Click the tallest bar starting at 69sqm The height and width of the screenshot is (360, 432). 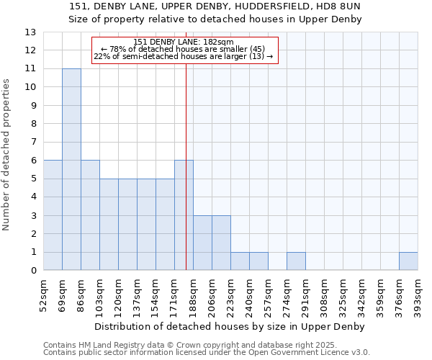tap(71, 169)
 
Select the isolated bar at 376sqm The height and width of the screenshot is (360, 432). tap(408, 261)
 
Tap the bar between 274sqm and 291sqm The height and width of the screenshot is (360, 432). tap(296, 261)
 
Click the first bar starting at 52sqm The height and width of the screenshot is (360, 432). tap(53, 215)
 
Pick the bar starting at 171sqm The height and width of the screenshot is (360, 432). tap(184, 215)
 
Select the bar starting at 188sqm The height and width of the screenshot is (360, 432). tap(202, 243)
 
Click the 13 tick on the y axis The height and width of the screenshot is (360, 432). tap(30, 32)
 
